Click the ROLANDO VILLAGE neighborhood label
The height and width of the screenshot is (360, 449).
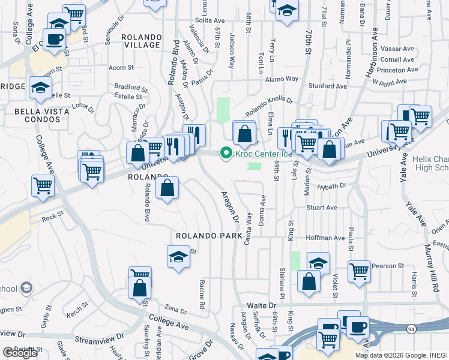tap(141, 41)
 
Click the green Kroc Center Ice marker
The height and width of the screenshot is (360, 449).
tap(226, 154)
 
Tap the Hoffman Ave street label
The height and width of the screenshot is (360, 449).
tap(325, 238)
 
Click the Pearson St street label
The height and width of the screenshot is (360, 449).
tap(393, 266)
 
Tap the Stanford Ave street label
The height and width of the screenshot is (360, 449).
tap(328, 86)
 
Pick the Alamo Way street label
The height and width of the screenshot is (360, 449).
tap(282, 79)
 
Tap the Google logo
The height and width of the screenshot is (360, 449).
tap(19, 352)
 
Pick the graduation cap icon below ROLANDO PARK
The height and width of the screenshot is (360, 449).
tap(178, 257)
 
